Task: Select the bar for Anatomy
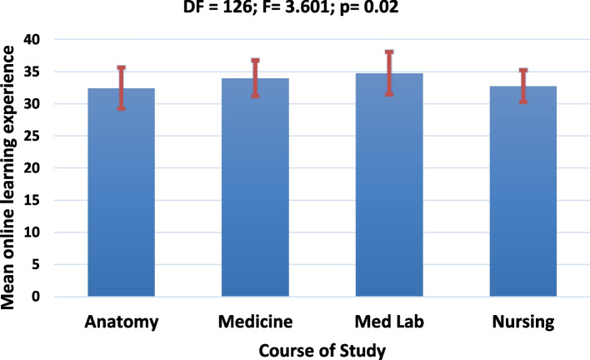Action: (x=121, y=192)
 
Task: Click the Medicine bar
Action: (x=255, y=187)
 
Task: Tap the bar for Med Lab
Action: (x=389, y=185)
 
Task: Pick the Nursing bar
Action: (x=523, y=191)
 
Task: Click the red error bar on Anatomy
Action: (x=121, y=88)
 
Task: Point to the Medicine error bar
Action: (x=256, y=78)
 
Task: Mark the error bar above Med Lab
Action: (x=389, y=73)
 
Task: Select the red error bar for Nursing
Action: (x=523, y=86)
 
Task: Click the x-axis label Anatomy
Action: (x=122, y=322)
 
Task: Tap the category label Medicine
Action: (x=256, y=322)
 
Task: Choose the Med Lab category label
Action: (x=389, y=322)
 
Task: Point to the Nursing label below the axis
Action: (x=523, y=322)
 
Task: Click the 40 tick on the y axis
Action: (x=32, y=39)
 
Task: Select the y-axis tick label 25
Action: (x=32, y=136)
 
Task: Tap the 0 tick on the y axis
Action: (x=36, y=297)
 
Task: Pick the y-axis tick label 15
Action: (x=32, y=200)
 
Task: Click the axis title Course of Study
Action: (x=322, y=351)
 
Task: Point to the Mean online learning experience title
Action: (x=7, y=177)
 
